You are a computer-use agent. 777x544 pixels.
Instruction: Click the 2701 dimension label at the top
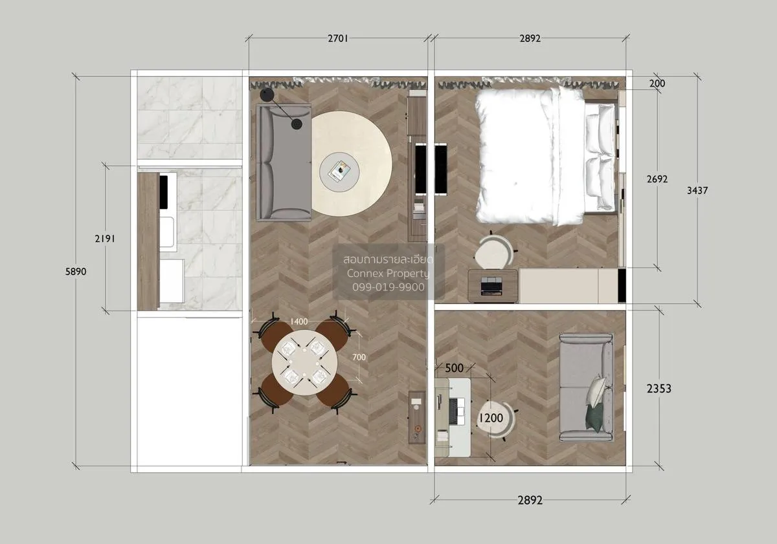click(x=338, y=38)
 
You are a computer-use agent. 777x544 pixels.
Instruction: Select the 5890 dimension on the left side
click(x=75, y=272)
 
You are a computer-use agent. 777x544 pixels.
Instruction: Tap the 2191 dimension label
click(x=105, y=238)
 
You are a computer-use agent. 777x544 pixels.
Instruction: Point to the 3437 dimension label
click(x=698, y=190)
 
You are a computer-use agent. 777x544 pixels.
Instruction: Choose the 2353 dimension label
click(x=659, y=388)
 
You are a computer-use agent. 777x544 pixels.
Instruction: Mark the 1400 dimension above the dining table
click(x=298, y=321)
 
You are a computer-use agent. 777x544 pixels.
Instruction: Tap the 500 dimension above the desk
click(x=454, y=368)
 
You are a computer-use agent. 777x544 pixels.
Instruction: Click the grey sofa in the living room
click(x=283, y=163)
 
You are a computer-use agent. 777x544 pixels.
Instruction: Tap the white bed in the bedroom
click(x=531, y=155)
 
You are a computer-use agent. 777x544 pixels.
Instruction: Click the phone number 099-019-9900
click(x=388, y=287)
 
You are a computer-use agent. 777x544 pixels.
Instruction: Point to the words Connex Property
click(x=388, y=273)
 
